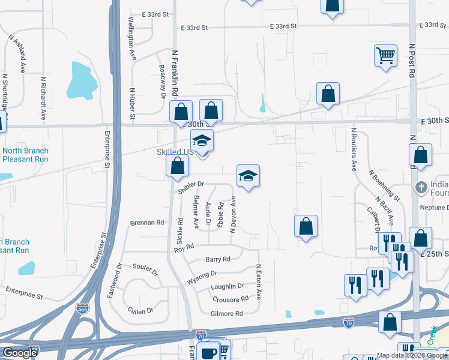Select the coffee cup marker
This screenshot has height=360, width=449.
(x=209, y=352)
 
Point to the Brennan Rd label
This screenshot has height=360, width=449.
(x=147, y=223)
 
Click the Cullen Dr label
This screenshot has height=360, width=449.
(x=140, y=311)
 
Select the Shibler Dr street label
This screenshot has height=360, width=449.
(x=191, y=187)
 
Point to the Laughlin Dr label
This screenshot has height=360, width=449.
(x=228, y=286)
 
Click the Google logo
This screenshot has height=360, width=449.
(x=20, y=353)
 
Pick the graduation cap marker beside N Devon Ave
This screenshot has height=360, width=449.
(x=248, y=176)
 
